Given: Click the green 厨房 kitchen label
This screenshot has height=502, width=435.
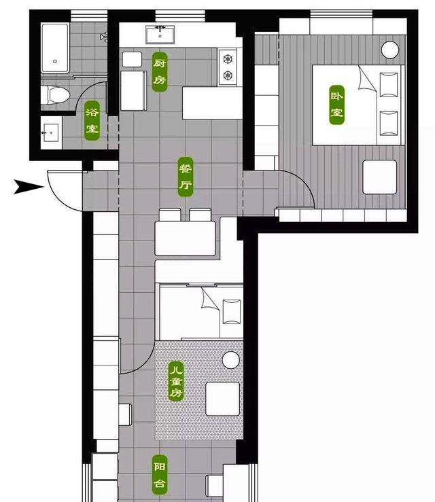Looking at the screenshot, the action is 160,72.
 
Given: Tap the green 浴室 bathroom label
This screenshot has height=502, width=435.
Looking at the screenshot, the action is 92,121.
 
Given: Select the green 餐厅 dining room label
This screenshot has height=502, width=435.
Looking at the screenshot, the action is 186,177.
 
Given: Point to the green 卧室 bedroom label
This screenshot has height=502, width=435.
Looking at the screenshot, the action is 337,105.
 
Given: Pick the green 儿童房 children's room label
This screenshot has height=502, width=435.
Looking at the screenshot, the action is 176,381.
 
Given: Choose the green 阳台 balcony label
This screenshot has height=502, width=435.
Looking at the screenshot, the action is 160,475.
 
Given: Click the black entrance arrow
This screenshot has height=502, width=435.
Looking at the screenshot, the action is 28,187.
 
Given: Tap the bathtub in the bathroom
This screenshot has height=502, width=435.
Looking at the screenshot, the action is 55,48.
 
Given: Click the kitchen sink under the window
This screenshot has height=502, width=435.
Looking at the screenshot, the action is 160,35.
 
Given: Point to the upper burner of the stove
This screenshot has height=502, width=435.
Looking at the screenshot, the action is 228,59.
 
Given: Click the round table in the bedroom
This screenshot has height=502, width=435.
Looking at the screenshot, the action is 390,50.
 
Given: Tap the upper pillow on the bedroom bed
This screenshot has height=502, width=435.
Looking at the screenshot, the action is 389,84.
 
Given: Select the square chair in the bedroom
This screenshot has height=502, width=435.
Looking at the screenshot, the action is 379,177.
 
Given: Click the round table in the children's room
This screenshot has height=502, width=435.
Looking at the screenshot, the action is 231,360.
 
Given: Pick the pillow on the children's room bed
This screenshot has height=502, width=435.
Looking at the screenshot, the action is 232,312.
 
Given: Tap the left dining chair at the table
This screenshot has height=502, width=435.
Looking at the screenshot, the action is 170,215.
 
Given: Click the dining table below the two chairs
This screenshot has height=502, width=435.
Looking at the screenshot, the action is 185,238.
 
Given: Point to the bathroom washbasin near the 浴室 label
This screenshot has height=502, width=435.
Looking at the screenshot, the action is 50,132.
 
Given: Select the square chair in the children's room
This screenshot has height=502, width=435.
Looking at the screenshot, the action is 223,399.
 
